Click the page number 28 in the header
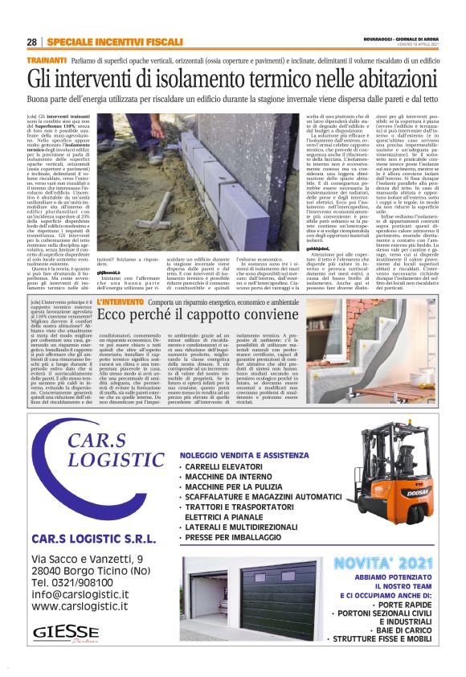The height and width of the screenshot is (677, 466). (x=31, y=42)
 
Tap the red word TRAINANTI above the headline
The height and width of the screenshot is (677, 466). (x=47, y=60)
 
